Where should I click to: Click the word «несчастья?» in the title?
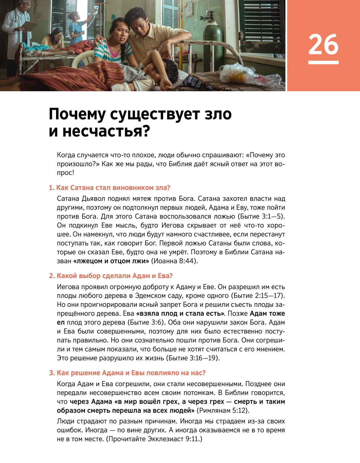click(106, 131)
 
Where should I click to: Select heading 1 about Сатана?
click(109, 188)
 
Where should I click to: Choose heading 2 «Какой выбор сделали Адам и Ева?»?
click(111, 276)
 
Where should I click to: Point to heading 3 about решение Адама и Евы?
click(127, 373)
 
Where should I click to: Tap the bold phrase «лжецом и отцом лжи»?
click(111, 261)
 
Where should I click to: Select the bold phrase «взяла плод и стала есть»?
click(180, 314)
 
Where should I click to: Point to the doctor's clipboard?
click(30, 26)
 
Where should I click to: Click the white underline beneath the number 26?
click(323, 62)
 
